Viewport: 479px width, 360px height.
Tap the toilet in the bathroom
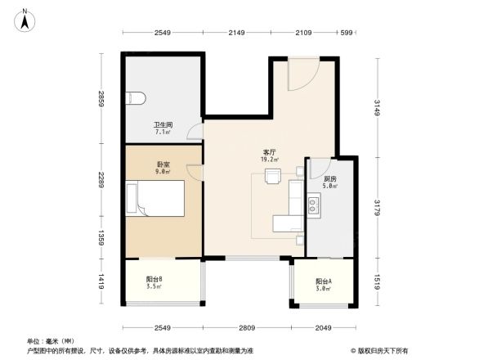(x=136, y=97)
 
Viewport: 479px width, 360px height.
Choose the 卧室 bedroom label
(x=163, y=164)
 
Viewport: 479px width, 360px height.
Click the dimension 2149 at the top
(x=237, y=33)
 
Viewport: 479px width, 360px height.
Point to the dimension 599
(x=346, y=33)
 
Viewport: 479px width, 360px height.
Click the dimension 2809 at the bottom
(x=245, y=327)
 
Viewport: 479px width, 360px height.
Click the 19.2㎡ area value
(x=268, y=160)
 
